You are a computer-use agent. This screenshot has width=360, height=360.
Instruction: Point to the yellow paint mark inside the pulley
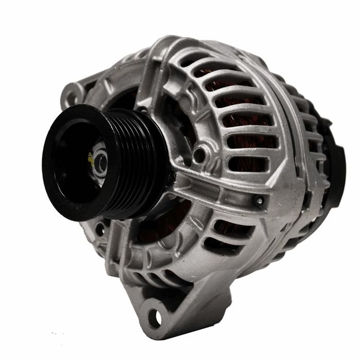coord(91,157)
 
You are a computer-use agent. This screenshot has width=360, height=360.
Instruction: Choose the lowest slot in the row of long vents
coord(249,164)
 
